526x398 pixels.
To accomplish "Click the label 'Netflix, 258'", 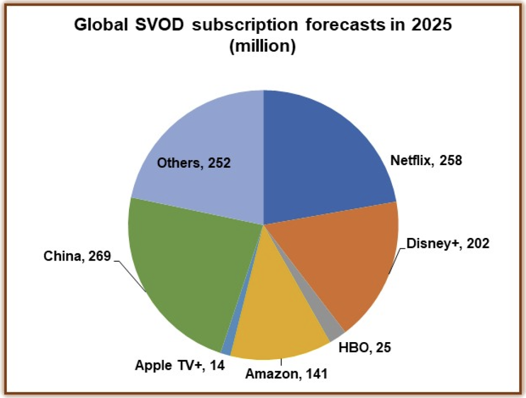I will click(x=426, y=161).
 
